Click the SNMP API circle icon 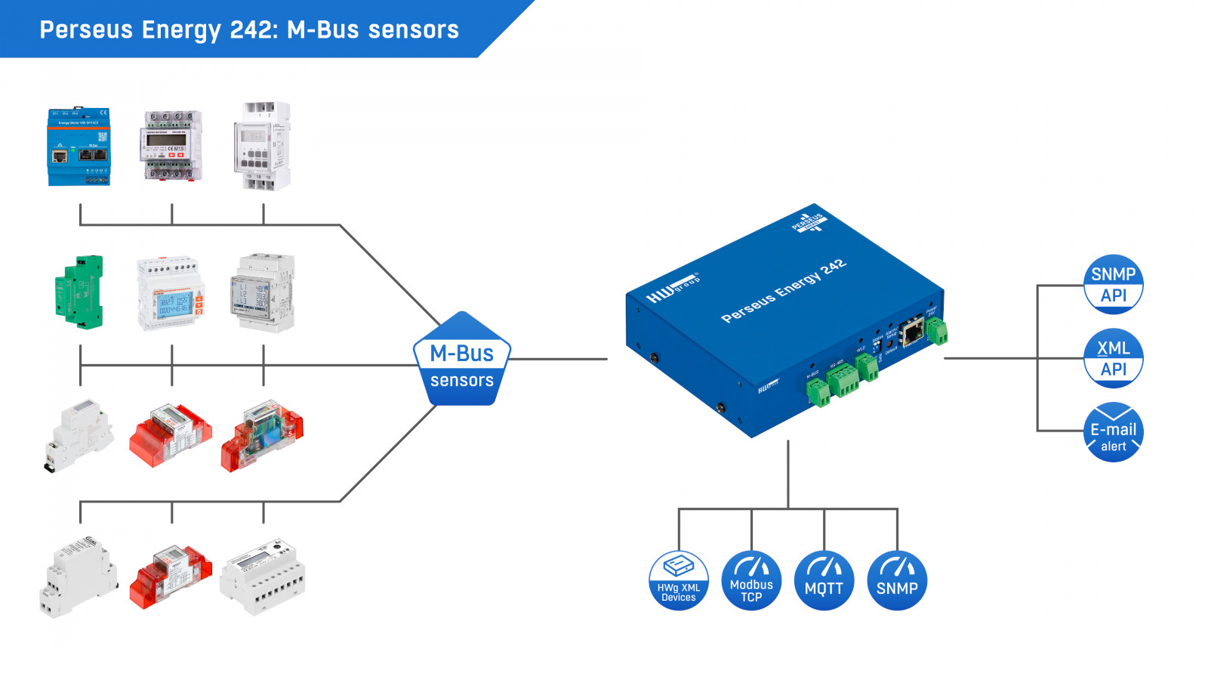click(x=1113, y=285)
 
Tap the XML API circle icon click(x=1113, y=358)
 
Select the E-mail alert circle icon click(x=1113, y=432)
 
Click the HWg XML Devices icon click(x=679, y=580)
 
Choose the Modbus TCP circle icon click(x=751, y=580)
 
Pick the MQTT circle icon click(x=824, y=580)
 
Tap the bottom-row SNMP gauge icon click(x=897, y=580)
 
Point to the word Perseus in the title click(x=86, y=29)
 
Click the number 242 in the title click(x=253, y=29)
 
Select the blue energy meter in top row click(x=79, y=147)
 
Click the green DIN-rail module click(x=79, y=292)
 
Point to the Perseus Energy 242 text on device click(x=784, y=291)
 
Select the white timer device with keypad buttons click(x=262, y=145)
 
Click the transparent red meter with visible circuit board click(x=262, y=435)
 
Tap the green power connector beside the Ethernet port click(x=937, y=330)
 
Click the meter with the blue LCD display click(x=171, y=293)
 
